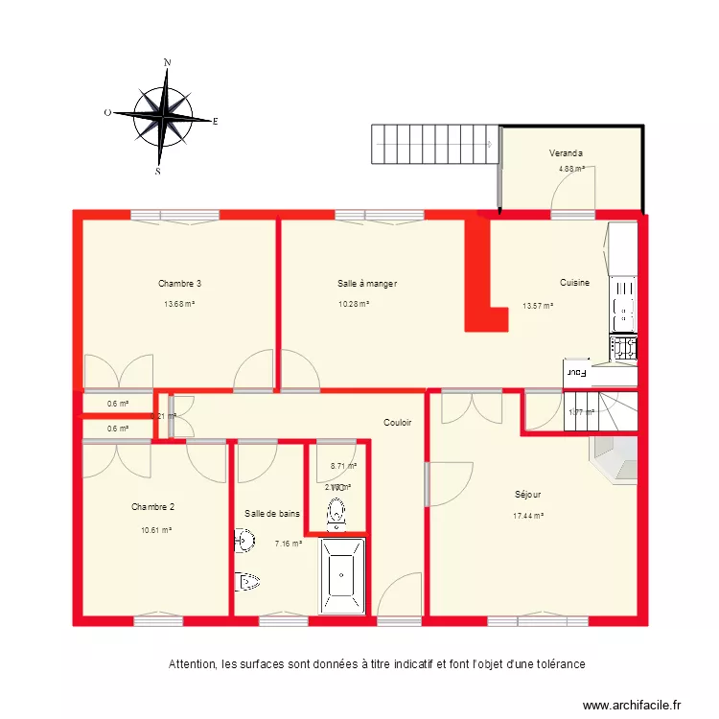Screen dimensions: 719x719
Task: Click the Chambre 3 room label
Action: click(179, 284)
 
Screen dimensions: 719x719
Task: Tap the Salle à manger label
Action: click(366, 284)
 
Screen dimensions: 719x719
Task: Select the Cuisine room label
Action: click(574, 283)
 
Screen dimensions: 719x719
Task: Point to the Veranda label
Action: click(567, 153)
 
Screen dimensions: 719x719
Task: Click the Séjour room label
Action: click(527, 496)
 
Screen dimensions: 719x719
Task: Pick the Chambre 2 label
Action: click(152, 507)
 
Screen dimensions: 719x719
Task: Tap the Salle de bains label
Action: click(271, 514)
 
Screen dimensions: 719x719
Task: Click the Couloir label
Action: click(397, 422)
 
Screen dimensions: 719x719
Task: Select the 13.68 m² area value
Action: click(179, 305)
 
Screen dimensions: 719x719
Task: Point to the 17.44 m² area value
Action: click(527, 516)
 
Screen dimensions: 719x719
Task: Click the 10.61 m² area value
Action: click(153, 529)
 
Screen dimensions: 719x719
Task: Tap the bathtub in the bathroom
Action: click(342, 577)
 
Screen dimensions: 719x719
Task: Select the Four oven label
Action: click(575, 371)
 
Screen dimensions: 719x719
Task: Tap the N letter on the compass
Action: click(167, 63)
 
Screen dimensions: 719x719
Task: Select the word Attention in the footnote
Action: click(192, 663)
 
